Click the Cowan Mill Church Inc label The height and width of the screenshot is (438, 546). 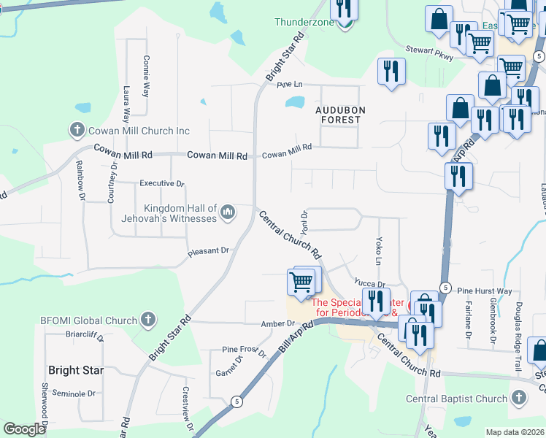click(x=139, y=131)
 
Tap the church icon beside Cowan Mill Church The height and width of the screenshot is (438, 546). click(x=77, y=131)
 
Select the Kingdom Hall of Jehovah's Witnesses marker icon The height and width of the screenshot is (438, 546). click(x=228, y=212)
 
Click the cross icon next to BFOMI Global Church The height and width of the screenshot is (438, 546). click(x=147, y=320)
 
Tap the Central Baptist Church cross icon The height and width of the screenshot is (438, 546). click(x=518, y=399)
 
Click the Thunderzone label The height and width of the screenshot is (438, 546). click(x=304, y=22)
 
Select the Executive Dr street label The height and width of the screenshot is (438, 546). click(x=162, y=183)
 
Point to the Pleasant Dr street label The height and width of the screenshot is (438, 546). click(x=208, y=251)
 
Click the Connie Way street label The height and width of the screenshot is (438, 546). click(x=146, y=77)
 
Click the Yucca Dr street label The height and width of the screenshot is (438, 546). click(x=369, y=283)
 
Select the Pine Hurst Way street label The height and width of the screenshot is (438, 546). click(x=485, y=291)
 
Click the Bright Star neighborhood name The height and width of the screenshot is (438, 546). click(x=76, y=370)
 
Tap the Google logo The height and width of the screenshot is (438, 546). click(x=24, y=429)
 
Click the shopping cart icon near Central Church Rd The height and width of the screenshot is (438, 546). click(x=301, y=280)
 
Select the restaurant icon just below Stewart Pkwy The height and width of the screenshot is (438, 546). click(x=391, y=71)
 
